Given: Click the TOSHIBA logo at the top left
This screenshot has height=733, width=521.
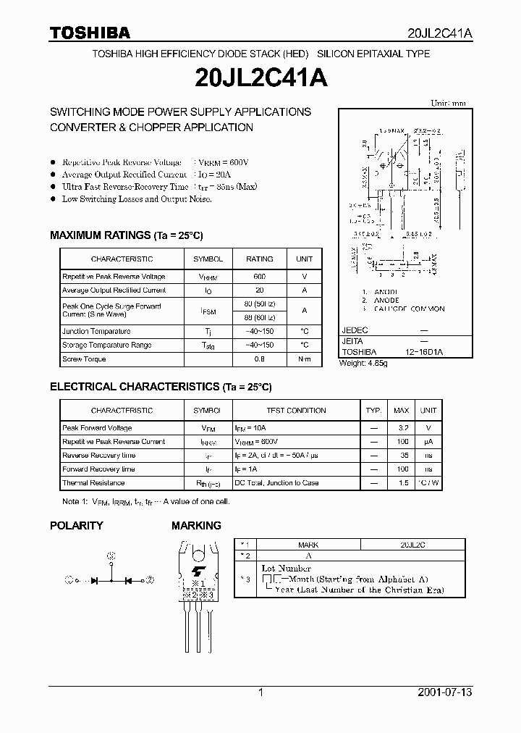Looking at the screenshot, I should point(90,33).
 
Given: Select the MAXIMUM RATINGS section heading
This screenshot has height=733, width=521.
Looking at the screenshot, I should point(127,235).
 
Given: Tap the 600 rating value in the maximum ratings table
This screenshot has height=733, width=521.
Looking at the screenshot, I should point(259,277).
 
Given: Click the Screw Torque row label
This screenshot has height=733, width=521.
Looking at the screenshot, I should point(84,359).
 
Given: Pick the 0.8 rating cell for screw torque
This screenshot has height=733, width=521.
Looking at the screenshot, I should point(259,359).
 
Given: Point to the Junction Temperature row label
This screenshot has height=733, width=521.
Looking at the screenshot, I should point(96,331).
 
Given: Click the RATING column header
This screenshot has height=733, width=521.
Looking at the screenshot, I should point(259,259).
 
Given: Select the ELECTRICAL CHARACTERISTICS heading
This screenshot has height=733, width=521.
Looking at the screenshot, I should point(161,388).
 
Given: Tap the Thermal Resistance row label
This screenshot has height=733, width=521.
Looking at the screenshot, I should point(94,483).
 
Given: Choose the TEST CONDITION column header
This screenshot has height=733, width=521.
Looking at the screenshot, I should point(296,411).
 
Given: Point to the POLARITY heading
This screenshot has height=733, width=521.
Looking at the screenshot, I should point(76,525).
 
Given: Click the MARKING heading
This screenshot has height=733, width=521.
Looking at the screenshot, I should point(196,525).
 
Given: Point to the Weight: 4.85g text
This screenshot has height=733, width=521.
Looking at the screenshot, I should point(364,363).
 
